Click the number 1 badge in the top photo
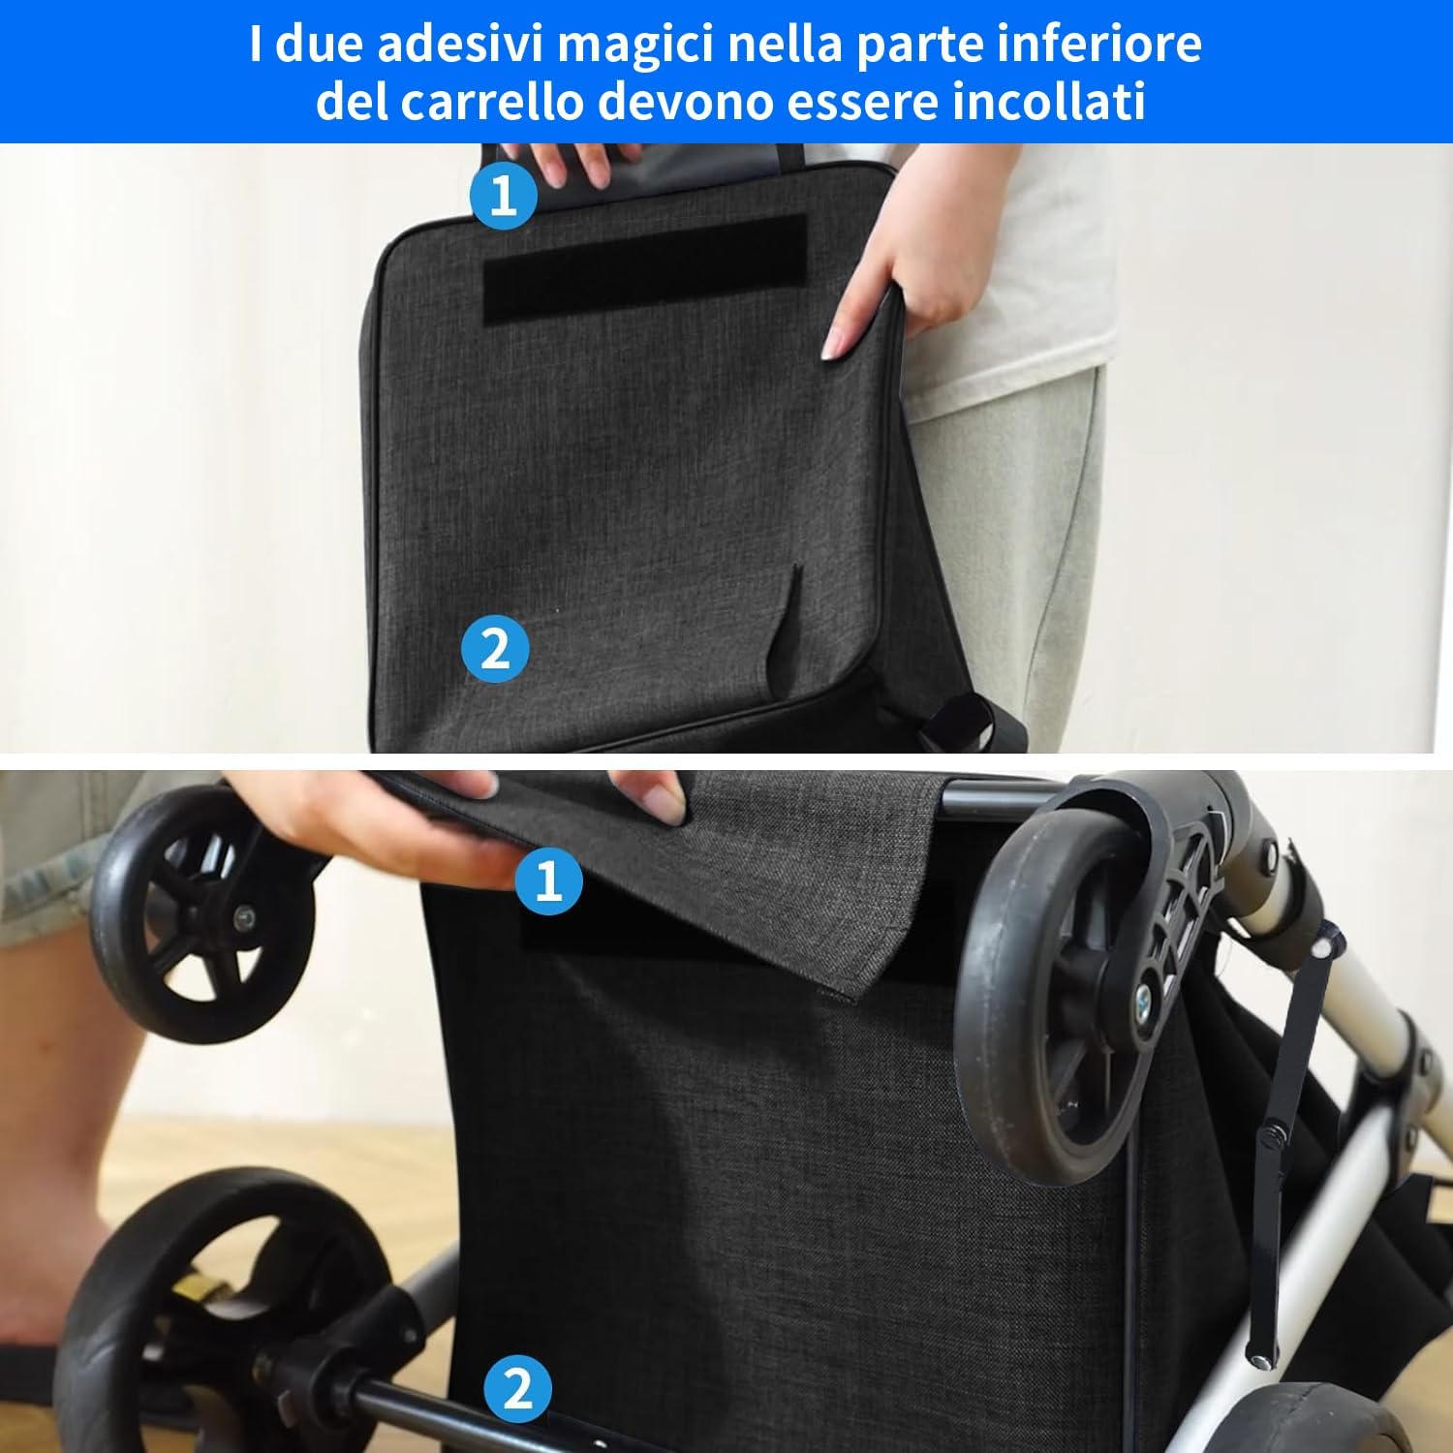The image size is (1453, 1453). click(x=504, y=196)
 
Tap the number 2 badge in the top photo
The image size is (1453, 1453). click(x=495, y=648)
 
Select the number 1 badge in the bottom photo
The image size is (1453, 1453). click(x=548, y=881)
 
